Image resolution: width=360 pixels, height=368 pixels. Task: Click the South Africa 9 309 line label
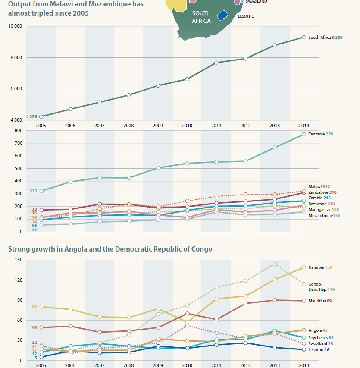coord(326,38)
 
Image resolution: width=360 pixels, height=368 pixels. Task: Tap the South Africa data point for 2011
coord(216,63)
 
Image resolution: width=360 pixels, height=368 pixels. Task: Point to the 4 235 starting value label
coord(31,116)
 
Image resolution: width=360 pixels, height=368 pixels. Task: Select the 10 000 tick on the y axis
coord(15,26)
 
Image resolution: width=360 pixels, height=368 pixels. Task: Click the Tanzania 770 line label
coord(321,134)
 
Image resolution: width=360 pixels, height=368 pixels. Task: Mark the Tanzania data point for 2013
coord(275,148)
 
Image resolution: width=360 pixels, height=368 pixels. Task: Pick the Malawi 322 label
coord(319,186)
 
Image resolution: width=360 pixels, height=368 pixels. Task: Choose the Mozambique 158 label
coord(324,215)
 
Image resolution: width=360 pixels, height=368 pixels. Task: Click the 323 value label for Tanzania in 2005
coord(33,191)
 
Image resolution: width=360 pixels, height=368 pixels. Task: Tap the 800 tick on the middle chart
coord(18,130)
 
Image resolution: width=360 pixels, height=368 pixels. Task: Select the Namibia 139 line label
coord(320,267)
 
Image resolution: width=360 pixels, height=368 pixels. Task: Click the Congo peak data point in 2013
coord(275,264)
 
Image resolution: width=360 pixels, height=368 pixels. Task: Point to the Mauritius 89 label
coord(319,301)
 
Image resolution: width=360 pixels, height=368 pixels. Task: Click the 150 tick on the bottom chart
coord(18,260)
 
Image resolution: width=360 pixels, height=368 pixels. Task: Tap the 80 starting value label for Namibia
coord(34,306)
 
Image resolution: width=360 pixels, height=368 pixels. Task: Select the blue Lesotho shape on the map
coord(222,16)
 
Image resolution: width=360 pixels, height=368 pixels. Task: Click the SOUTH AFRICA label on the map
coord(201,17)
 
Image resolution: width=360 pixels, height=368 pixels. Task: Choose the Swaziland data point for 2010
coord(187,325)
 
